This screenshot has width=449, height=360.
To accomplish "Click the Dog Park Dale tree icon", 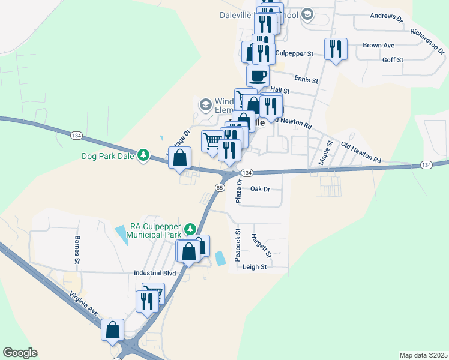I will pos(143,155).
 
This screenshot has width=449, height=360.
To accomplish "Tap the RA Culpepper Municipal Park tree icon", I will pos(190,229).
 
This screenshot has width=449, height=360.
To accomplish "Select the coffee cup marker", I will pos(258,76).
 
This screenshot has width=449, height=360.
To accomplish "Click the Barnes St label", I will pos(77,250).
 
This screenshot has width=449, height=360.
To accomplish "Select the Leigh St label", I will pos(255,267).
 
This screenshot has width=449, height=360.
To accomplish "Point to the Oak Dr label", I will pos(261,189).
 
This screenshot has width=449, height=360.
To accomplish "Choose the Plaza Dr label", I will pos(238,190).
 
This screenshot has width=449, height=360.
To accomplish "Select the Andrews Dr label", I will pos(387,17).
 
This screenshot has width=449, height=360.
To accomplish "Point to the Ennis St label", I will pos(306,79).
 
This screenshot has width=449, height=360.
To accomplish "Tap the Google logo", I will pos(20,353).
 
